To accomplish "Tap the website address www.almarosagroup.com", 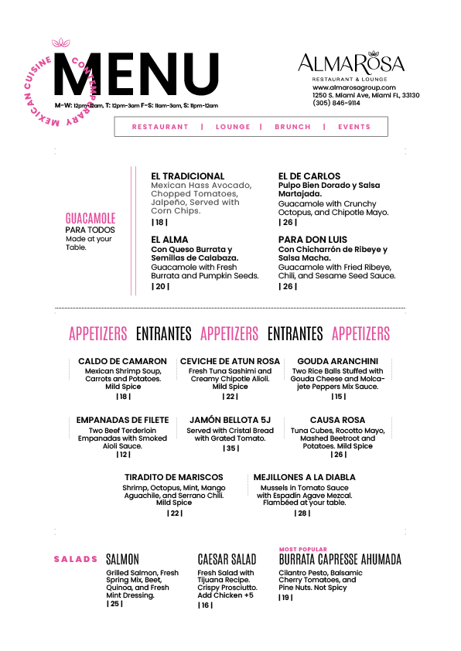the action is [x=353, y=87].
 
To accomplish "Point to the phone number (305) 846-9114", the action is [x=336, y=103].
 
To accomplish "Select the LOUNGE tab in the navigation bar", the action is [x=233, y=127].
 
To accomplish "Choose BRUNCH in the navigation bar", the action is [x=292, y=127].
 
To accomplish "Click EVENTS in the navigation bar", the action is [x=353, y=127].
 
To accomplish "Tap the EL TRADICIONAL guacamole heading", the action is [x=188, y=176].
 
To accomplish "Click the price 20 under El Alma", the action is [x=160, y=287].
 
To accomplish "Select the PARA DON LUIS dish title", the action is [x=312, y=240].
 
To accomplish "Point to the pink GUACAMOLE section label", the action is [x=90, y=218].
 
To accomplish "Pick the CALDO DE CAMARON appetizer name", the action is [x=122, y=361].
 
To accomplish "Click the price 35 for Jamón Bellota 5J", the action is [x=231, y=448].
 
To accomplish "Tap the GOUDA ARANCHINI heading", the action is [x=338, y=361].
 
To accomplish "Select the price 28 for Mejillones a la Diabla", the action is [x=302, y=513].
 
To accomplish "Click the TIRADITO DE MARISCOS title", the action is [x=174, y=477].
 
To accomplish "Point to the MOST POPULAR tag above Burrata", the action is [x=303, y=549].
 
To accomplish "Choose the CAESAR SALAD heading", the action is [x=227, y=559].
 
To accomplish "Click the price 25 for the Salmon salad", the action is [x=114, y=604].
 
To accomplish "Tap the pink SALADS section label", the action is [x=76, y=559].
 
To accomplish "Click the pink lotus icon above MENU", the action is [x=60, y=43].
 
